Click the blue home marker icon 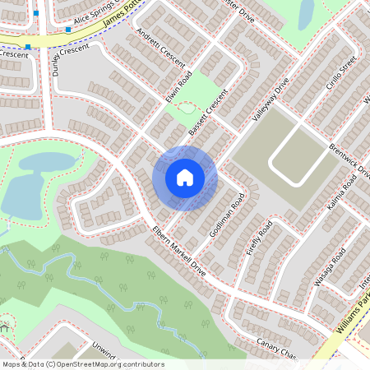click(185, 178)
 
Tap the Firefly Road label click(259, 238)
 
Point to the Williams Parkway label click(350, 321)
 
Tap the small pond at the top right click(306, 12)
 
